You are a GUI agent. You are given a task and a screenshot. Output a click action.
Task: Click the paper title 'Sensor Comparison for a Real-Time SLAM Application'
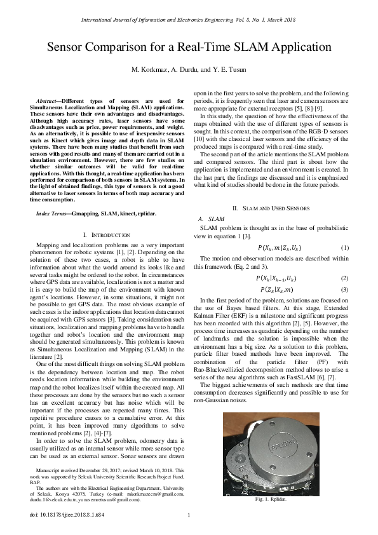[x=189, y=47]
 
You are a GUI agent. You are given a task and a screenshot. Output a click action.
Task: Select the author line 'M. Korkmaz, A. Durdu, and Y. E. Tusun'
[x=189, y=69]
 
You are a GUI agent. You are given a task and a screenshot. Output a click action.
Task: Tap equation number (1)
[x=344, y=247]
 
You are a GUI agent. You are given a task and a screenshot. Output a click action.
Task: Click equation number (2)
[x=344, y=278]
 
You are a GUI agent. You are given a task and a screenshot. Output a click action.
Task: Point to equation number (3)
[x=344, y=290]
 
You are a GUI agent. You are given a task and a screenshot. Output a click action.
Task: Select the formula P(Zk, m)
[x=275, y=290]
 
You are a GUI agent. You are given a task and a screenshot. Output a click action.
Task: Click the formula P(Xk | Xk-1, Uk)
[x=275, y=278]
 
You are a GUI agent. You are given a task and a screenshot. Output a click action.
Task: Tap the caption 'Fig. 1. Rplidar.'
[x=271, y=501]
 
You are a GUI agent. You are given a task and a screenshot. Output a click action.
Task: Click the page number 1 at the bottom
[x=189, y=515]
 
